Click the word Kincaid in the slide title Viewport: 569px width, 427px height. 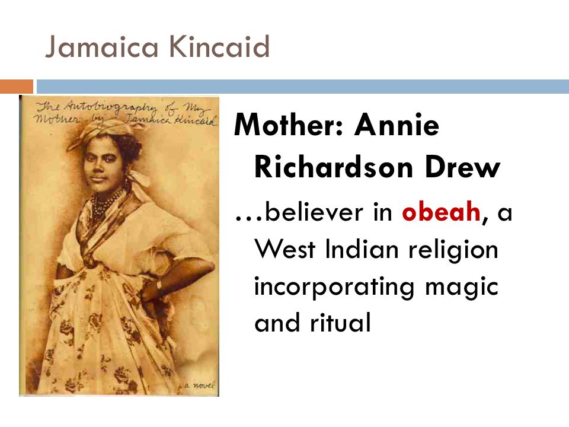(219, 46)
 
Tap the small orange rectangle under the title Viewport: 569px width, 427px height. (17, 87)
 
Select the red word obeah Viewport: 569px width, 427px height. (441, 211)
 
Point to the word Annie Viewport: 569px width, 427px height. (397, 125)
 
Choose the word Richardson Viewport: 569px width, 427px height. (334, 167)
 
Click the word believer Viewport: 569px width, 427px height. (314, 211)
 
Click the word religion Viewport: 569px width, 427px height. (453, 250)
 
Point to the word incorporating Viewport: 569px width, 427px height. (334, 287)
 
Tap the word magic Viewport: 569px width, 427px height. (462, 287)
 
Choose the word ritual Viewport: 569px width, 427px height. (340, 321)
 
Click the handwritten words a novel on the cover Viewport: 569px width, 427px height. (200, 385)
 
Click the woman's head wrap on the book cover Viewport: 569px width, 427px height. (100, 131)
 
